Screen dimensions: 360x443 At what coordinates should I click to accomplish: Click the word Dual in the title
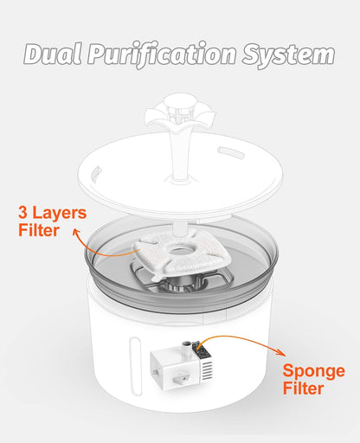(x=53, y=55)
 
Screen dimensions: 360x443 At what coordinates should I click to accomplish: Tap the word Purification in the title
(x=162, y=55)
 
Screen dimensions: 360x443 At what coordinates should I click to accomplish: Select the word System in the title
(x=288, y=55)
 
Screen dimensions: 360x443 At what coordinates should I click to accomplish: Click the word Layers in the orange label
(x=60, y=213)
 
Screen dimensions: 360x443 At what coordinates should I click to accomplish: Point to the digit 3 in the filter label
(x=23, y=213)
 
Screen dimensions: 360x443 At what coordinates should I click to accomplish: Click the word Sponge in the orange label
(x=314, y=372)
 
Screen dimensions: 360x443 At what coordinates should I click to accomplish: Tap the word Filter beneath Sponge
(x=303, y=388)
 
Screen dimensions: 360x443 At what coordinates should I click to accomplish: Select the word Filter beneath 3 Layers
(x=39, y=230)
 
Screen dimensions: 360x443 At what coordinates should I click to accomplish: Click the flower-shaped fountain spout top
(x=180, y=112)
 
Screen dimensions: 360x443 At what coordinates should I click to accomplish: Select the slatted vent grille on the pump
(x=208, y=370)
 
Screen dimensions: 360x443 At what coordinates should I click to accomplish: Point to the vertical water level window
(x=135, y=366)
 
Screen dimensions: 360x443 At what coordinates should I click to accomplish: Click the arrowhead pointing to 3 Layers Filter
(x=76, y=232)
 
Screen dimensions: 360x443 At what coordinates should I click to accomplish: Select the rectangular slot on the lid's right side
(x=231, y=152)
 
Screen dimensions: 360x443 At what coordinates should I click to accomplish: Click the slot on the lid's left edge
(x=96, y=173)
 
